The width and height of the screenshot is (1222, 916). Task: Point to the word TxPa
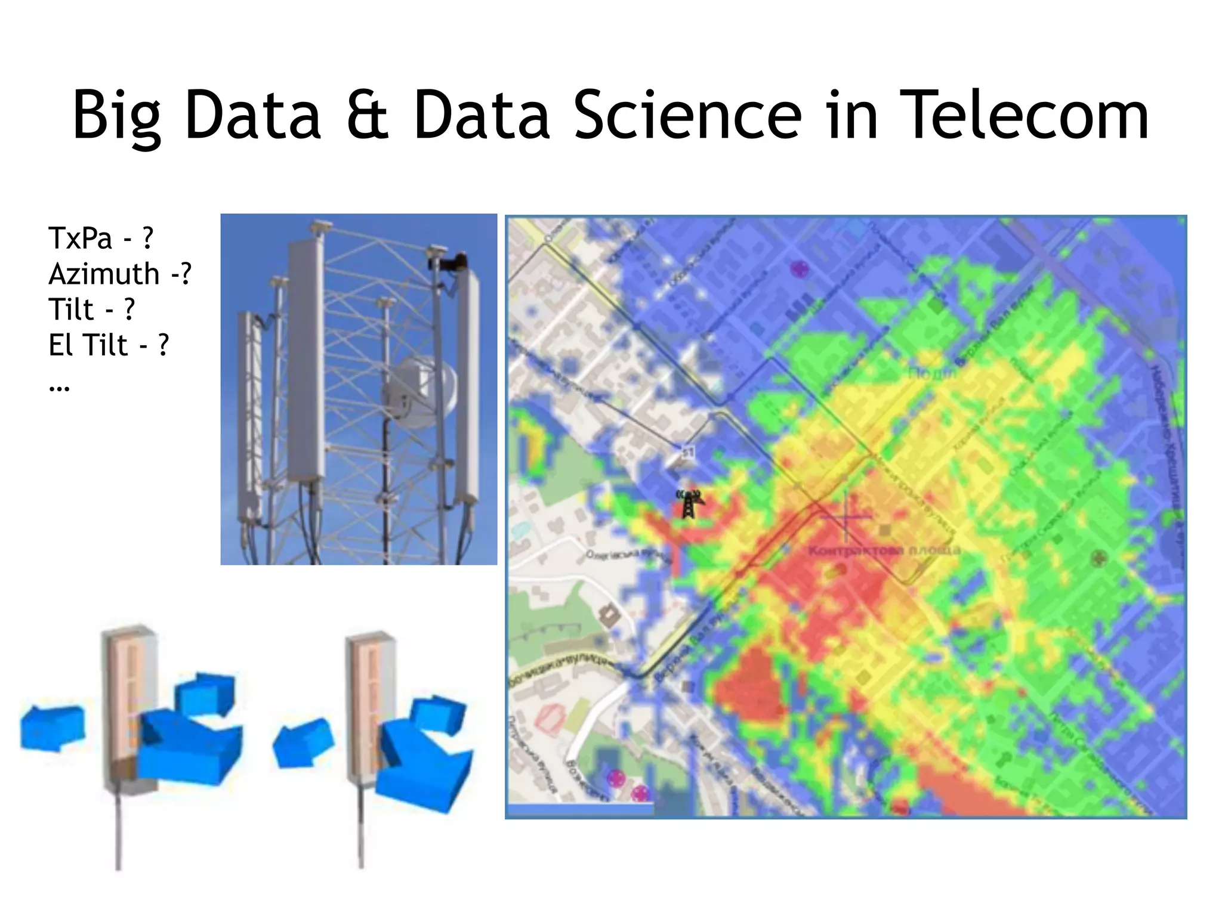tap(81, 239)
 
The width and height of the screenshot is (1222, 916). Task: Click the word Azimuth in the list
tap(104, 274)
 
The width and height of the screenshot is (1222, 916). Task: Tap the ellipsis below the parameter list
tap(59, 388)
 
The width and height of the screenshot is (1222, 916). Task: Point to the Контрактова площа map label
tap(884, 549)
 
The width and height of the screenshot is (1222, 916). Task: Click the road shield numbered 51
tap(688, 453)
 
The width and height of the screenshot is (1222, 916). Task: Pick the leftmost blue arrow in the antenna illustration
tap(52, 728)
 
